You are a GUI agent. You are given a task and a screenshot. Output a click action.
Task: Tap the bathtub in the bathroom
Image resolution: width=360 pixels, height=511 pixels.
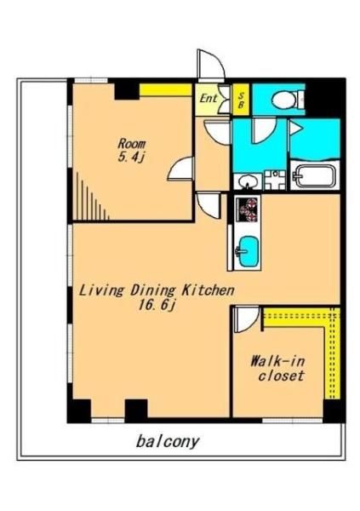click(x=314, y=176)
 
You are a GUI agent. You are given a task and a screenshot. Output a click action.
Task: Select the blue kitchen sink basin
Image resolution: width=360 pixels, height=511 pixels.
click(x=249, y=251)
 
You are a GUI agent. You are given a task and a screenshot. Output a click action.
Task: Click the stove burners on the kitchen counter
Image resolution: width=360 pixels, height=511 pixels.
click(x=248, y=210)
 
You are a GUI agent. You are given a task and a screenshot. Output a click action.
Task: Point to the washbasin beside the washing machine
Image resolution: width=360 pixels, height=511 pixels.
click(x=248, y=181)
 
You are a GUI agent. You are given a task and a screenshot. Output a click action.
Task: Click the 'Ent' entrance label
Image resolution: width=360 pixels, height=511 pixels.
click(x=208, y=98)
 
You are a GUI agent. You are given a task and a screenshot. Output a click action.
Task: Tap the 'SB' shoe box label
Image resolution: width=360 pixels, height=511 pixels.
click(x=241, y=100)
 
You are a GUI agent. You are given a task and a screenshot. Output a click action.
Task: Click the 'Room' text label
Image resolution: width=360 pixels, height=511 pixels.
click(x=132, y=143)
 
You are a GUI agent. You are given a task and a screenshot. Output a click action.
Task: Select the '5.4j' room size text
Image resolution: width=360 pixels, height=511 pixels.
click(x=131, y=158)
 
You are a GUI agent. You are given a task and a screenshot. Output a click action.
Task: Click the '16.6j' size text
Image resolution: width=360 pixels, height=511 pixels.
click(x=157, y=306)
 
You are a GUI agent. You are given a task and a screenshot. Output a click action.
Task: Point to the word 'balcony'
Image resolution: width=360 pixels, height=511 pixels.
click(x=168, y=442)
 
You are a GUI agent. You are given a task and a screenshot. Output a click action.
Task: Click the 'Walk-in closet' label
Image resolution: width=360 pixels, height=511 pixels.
click(x=279, y=369)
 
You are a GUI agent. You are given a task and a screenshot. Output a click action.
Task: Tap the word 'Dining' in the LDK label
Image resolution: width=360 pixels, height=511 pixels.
click(x=153, y=290)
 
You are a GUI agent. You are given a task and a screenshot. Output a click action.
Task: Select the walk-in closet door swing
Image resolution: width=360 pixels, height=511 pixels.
click(x=246, y=319)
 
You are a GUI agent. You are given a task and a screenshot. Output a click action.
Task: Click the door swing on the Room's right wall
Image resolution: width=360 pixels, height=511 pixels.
click(x=181, y=168)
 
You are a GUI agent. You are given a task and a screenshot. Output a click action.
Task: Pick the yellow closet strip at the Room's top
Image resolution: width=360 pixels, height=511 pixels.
click(x=165, y=90)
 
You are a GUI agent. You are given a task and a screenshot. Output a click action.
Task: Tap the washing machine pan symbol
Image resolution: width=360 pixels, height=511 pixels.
click(x=275, y=181)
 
